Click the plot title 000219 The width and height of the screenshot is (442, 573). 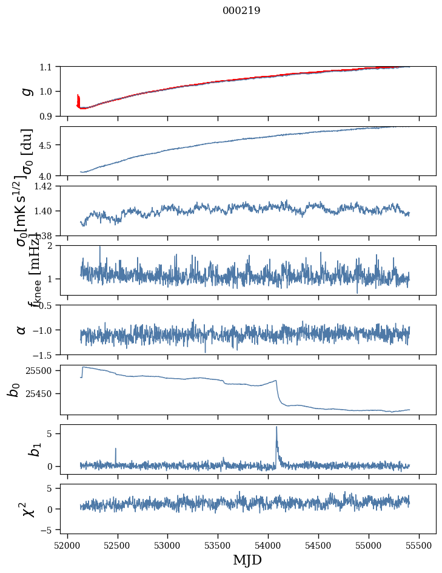[x=241, y=10]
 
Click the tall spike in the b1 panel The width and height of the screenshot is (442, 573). [x=276, y=429]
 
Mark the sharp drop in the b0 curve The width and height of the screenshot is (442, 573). [x=278, y=392]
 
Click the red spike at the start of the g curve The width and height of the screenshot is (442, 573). [x=78, y=99]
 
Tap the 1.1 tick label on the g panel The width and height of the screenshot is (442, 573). [x=47, y=66]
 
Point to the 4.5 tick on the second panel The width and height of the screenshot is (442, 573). [x=47, y=145]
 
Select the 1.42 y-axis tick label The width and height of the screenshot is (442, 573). [x=43, y=186]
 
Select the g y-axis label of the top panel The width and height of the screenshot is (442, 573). [x=26, y=91]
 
